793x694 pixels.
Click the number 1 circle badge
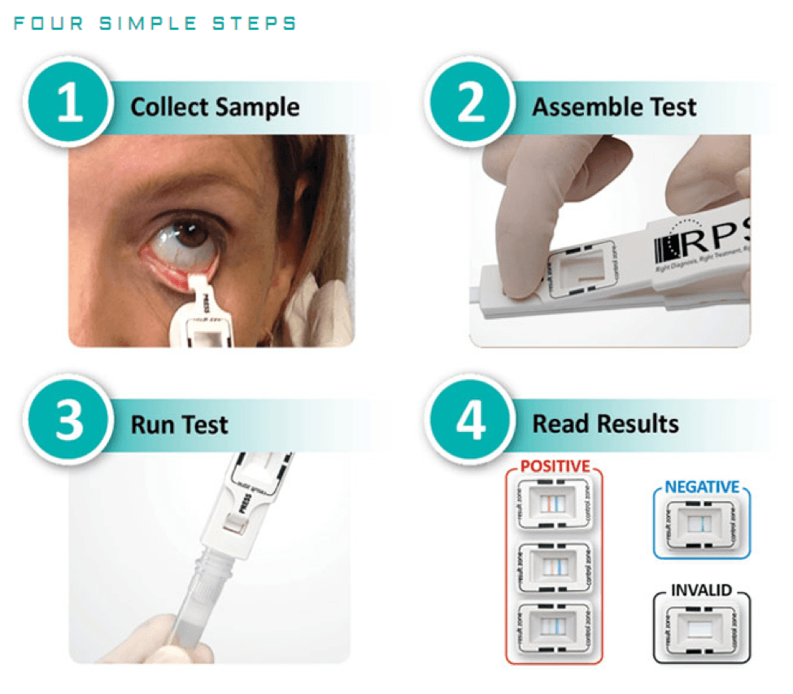[x=68, y=106]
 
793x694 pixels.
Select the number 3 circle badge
[x=68, y=423]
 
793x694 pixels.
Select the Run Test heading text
[x=179, y=424]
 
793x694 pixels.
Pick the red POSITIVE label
[x=555, y=467]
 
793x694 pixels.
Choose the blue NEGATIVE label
[x=702, y=487]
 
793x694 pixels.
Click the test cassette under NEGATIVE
[x=701, y=526]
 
